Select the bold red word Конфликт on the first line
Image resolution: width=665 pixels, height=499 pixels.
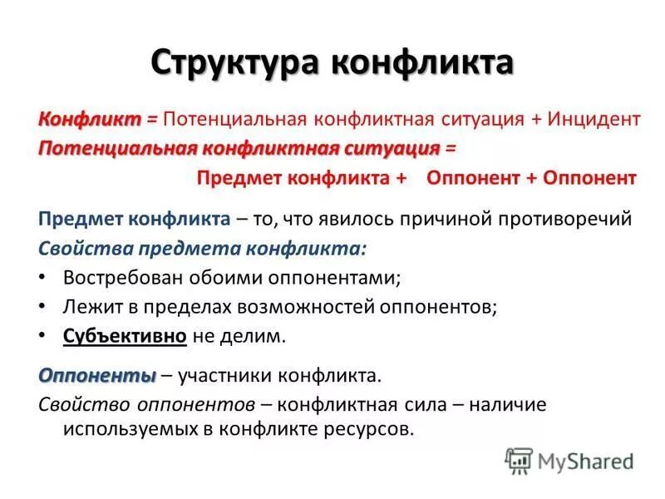point(89,119)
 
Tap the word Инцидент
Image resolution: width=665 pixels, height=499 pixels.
point(594,119)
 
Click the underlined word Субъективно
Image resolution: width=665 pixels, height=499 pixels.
point(125,336)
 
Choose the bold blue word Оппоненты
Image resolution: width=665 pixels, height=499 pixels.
point(96,375)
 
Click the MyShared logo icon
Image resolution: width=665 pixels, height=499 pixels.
point(519,461)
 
